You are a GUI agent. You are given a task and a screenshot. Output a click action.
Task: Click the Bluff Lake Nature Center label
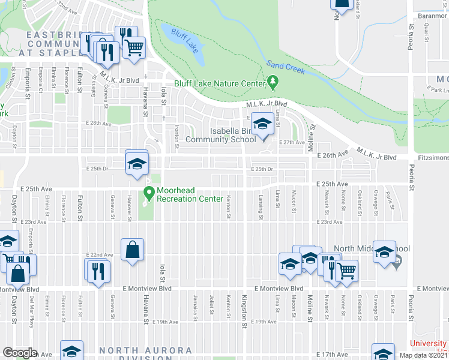tap(220, 83)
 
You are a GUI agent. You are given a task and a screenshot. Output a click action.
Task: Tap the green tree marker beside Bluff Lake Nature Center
tap(273, 82)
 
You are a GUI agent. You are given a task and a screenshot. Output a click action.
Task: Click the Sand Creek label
tap(286, 66)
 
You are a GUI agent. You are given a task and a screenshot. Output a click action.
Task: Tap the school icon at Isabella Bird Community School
tap(262, 124)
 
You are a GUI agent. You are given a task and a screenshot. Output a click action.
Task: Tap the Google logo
tap(20, 353)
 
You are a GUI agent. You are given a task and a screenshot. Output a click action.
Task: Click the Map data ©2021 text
tap(424, 355)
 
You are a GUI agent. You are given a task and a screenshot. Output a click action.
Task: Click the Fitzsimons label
tap(432, 157)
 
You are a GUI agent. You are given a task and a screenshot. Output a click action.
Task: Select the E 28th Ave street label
tap(98, 124)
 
